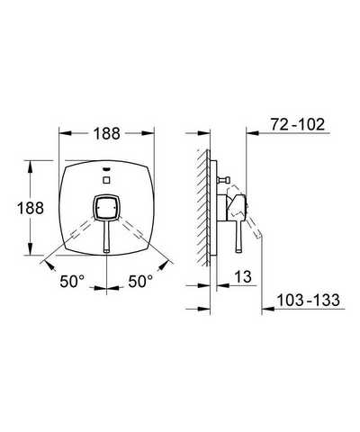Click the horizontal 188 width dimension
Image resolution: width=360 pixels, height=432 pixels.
[x=106, y=133]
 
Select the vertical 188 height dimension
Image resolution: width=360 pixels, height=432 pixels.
[x=31, y=208]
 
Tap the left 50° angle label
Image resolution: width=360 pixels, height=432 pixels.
[x=72, y=282]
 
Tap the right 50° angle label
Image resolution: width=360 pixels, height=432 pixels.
[x=140, y=282]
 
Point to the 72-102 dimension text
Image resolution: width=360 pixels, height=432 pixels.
[x=298, y=124]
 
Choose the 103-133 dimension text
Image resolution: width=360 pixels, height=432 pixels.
[x=308, y=300]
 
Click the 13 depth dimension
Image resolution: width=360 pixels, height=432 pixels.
[x=243, y=277]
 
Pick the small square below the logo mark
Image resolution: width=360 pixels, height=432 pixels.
[x=106, y=180]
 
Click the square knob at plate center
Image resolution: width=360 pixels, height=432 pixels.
[x=106, y=207]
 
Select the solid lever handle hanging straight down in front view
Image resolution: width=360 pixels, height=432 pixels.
[x=106, y=236]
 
